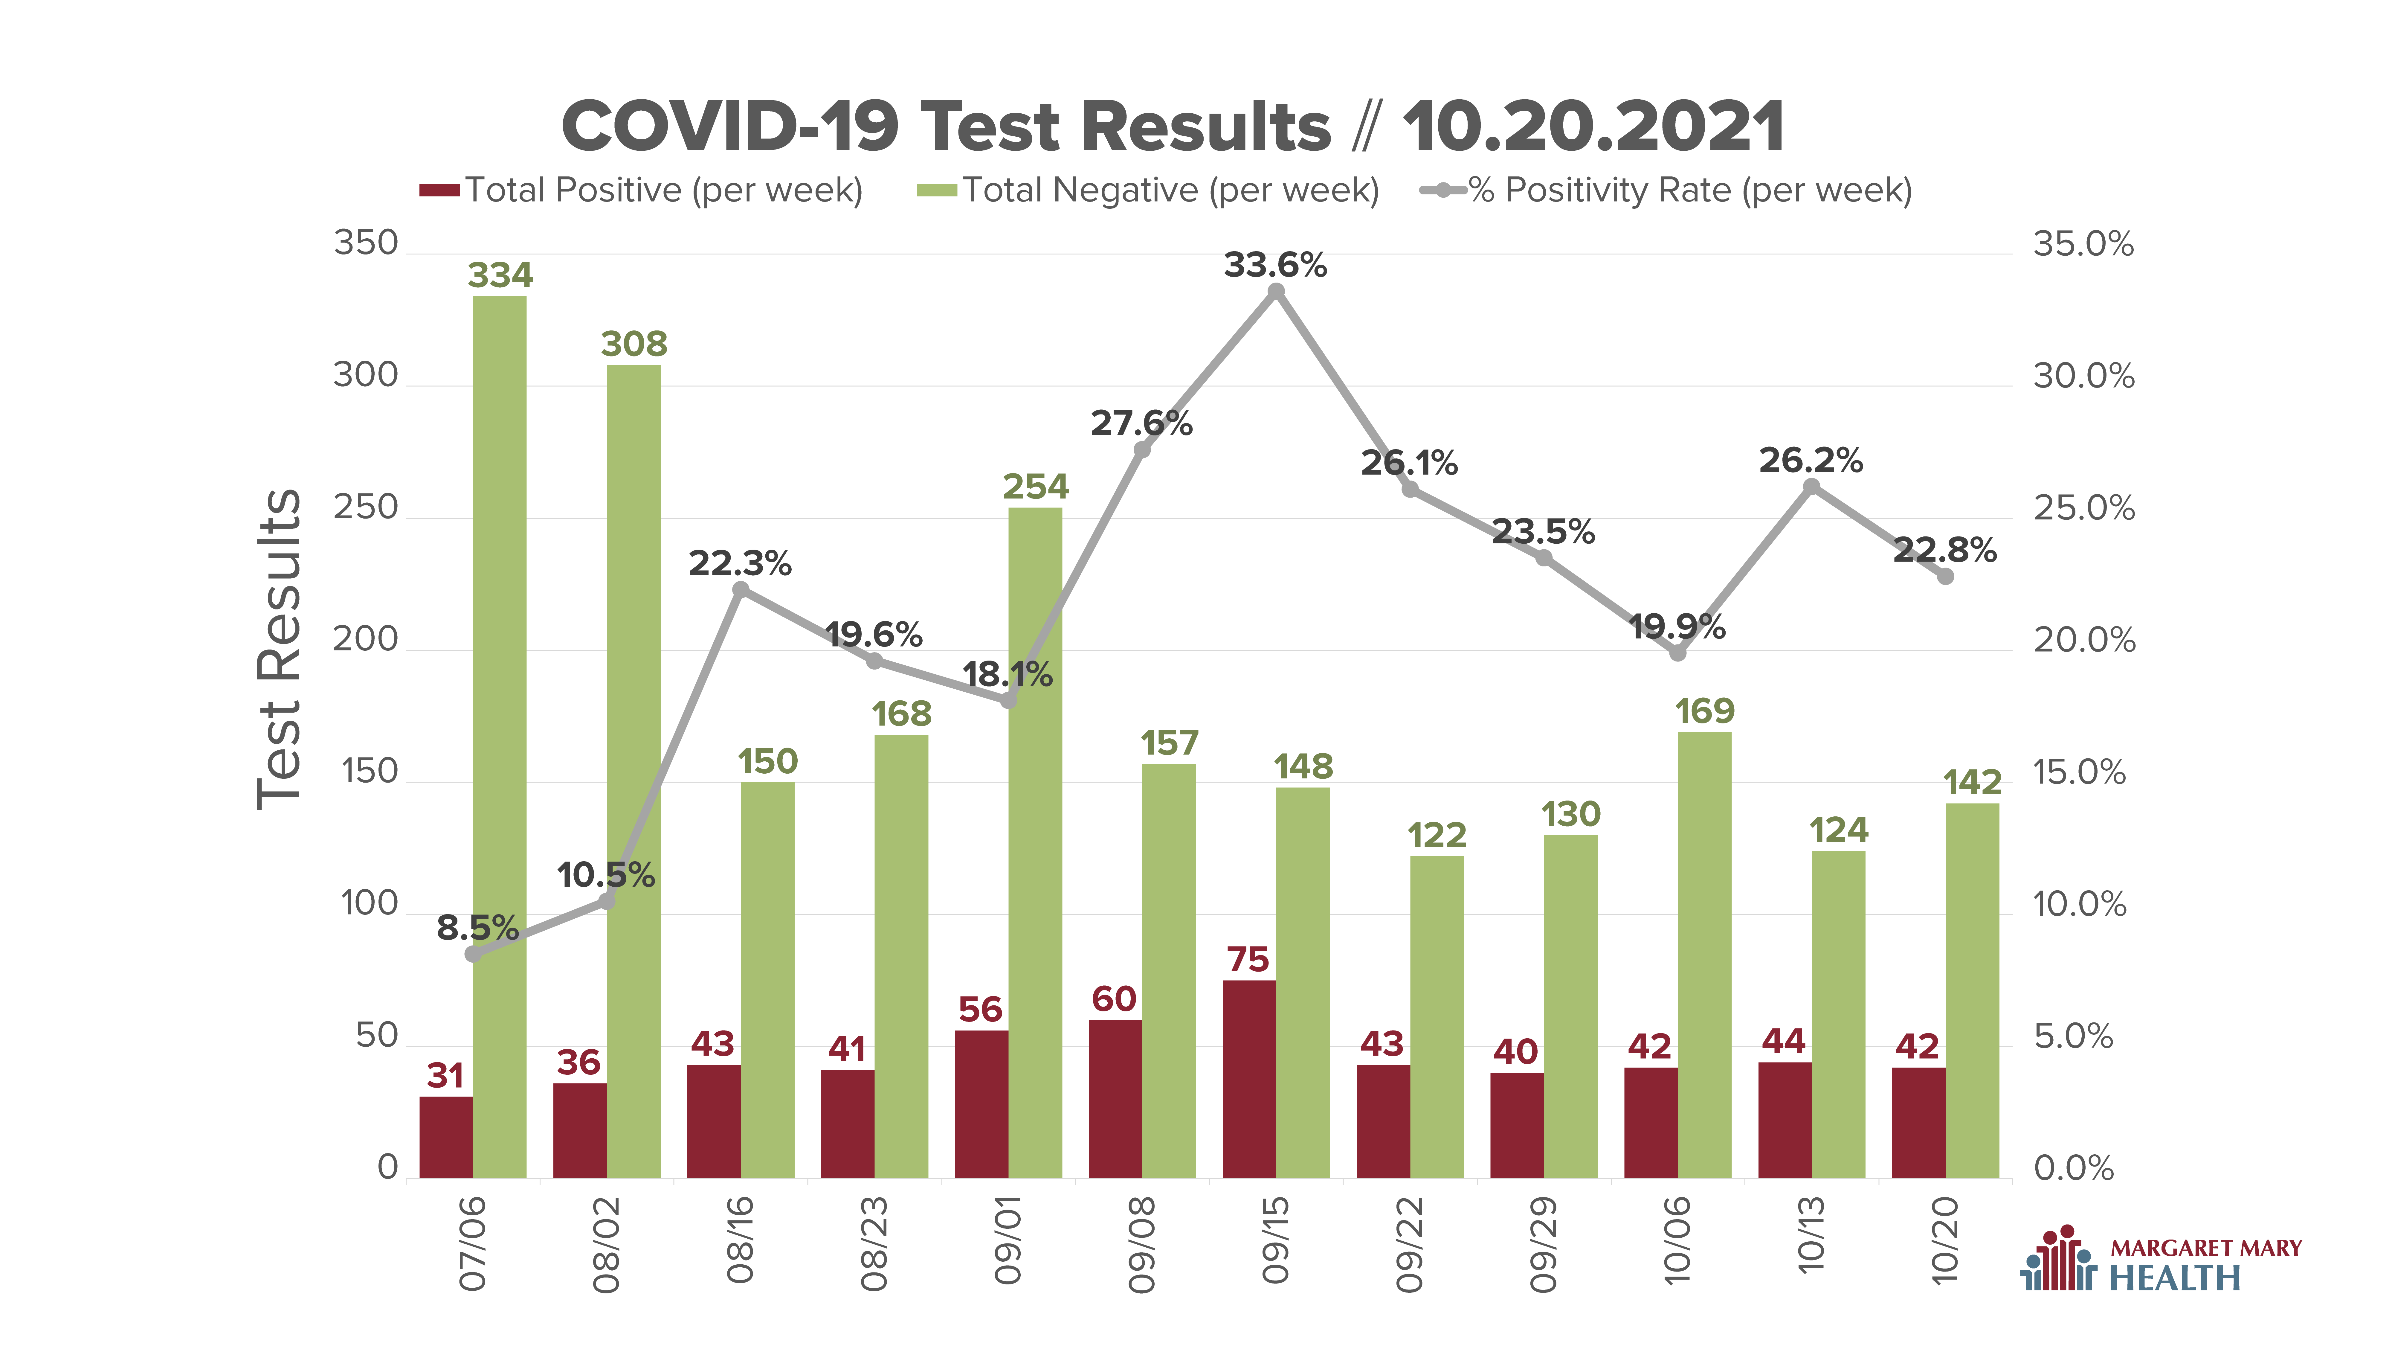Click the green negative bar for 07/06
[x=500, y=737]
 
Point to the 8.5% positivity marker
[x=474, y=954]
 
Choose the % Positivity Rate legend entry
[x=1667, y=190]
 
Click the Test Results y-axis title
[x=279, y=648]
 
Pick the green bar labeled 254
[x=1035, y=842]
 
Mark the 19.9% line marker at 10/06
[x=1678, y=653]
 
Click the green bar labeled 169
[x=1705, y=955]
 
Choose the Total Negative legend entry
[x=1149, y=190]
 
